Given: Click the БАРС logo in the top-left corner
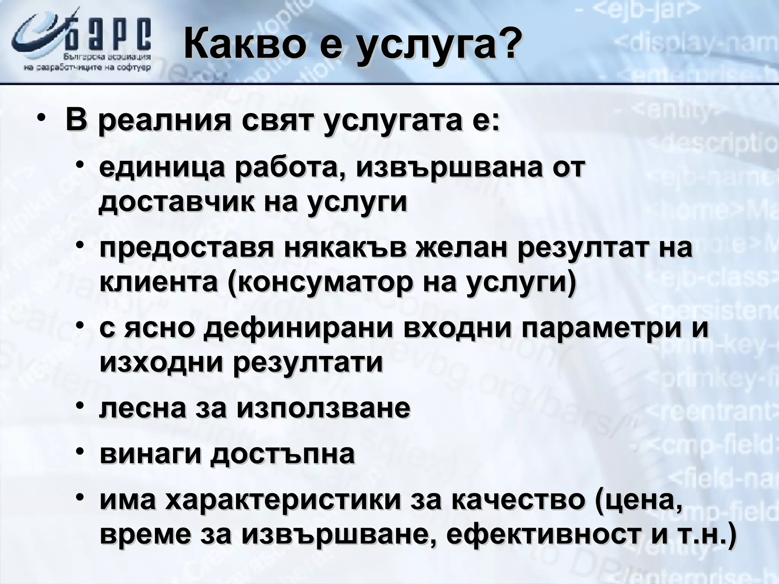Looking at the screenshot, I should coord(82,42).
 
